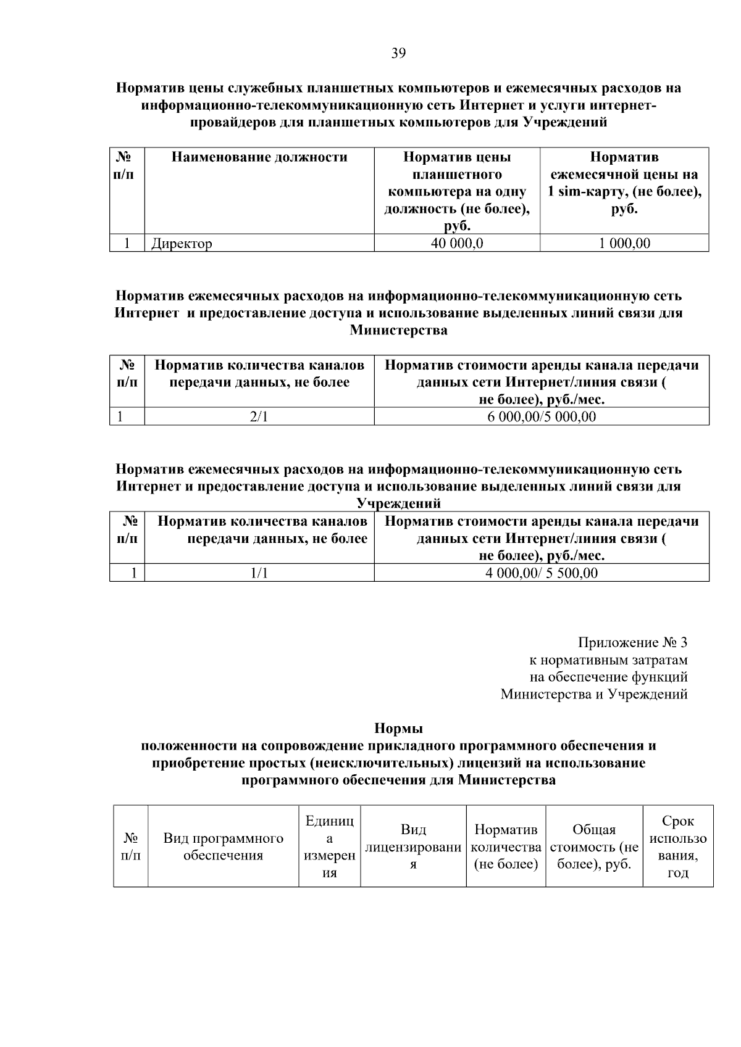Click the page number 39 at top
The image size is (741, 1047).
(398, 54)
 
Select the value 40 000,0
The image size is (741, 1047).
(457, 243)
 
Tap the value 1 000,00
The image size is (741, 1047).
(624, 243)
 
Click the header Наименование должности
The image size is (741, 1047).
(259, 157)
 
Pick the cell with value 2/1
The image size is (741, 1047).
(259, 416)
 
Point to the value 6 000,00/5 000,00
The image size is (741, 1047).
(542, 416)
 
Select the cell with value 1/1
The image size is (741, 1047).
(259, 573)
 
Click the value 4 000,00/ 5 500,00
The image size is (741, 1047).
(542, 573)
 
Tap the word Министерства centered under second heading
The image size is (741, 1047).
(398, 330)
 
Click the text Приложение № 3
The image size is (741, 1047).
(632, 643)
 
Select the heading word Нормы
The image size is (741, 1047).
(398, 729)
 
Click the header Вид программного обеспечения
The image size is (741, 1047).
(224, 847)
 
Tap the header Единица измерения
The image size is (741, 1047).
(330, 847)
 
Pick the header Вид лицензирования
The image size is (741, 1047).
(413, 847)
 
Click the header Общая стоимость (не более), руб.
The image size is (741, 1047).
(594, 847)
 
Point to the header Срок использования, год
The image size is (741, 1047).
(678, 847)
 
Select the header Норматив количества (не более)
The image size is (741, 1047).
(506, 847)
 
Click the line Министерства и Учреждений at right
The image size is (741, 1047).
(593, 695)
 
